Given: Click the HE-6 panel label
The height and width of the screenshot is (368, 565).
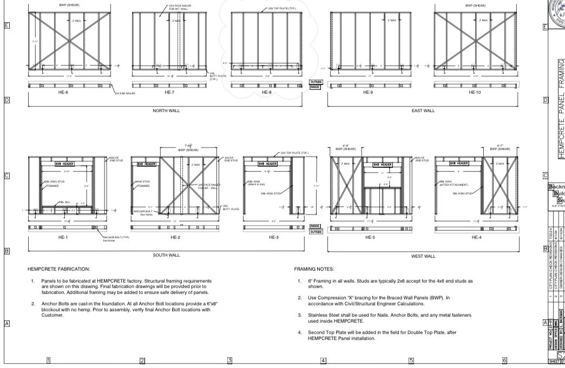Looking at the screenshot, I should pyautogui.click(x=64, y=93).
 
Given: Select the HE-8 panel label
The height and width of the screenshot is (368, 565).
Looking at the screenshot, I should pyautogui.click(x=266, y=93).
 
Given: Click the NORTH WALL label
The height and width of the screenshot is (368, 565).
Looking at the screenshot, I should pyautogui.click(x=166, y=110).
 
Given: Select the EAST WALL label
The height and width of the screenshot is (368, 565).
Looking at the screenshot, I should pyautogui.click(x=423, y=110).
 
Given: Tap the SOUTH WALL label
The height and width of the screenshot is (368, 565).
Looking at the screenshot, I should pyautogui.click(x=166, y=255).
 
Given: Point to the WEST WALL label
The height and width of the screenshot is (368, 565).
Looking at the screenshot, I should pyautogui.click(x=423, y=256).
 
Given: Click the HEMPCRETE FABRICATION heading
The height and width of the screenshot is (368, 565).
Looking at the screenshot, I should pyautogui.click(x=59, y=268).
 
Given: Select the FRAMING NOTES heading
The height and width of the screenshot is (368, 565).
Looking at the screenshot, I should pyautogui.click(x=314, y=268).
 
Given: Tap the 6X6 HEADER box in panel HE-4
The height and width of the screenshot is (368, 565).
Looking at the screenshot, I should pyautogui.click(x=459, y=163).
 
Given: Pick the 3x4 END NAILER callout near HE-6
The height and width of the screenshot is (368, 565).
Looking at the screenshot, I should pyautogui.click(x=125, y=93).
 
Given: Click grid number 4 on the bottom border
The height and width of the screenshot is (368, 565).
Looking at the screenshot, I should pyautogui.click(x=323, y=360).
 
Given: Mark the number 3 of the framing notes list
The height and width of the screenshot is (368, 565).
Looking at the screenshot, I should pyautogui.click(x=300, y=314).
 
